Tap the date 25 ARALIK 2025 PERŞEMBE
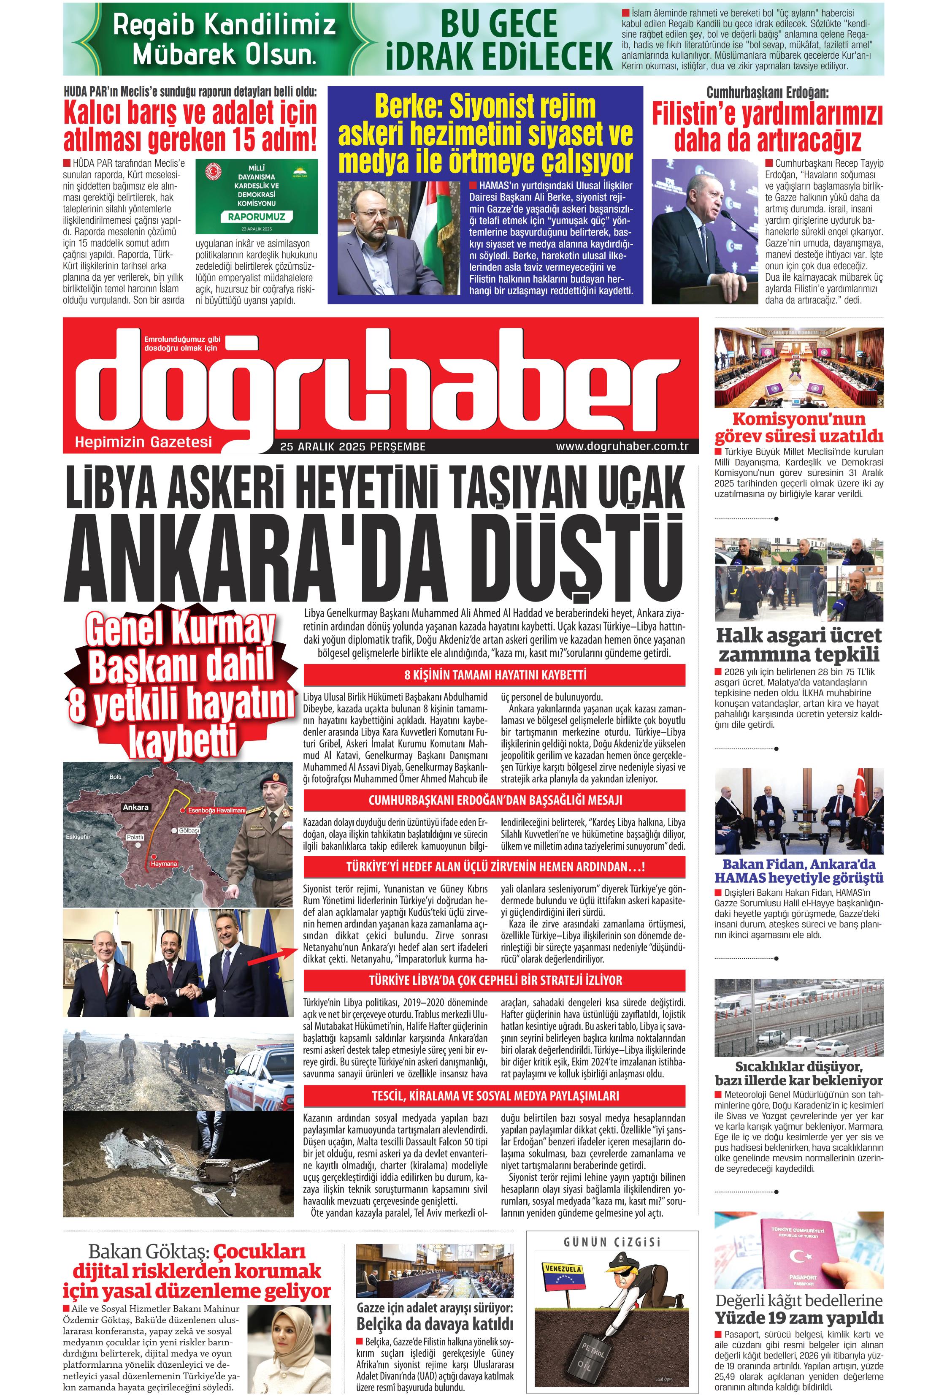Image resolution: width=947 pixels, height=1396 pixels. [x=352, y=447]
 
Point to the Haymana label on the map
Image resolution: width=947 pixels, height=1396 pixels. [x=163, y=864]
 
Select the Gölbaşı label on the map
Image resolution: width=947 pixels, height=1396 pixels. [x=189, y=831]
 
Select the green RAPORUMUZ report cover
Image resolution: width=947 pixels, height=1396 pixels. [x=257, y=196]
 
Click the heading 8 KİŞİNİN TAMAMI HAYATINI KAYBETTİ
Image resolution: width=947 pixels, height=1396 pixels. [x=495, y=675]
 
